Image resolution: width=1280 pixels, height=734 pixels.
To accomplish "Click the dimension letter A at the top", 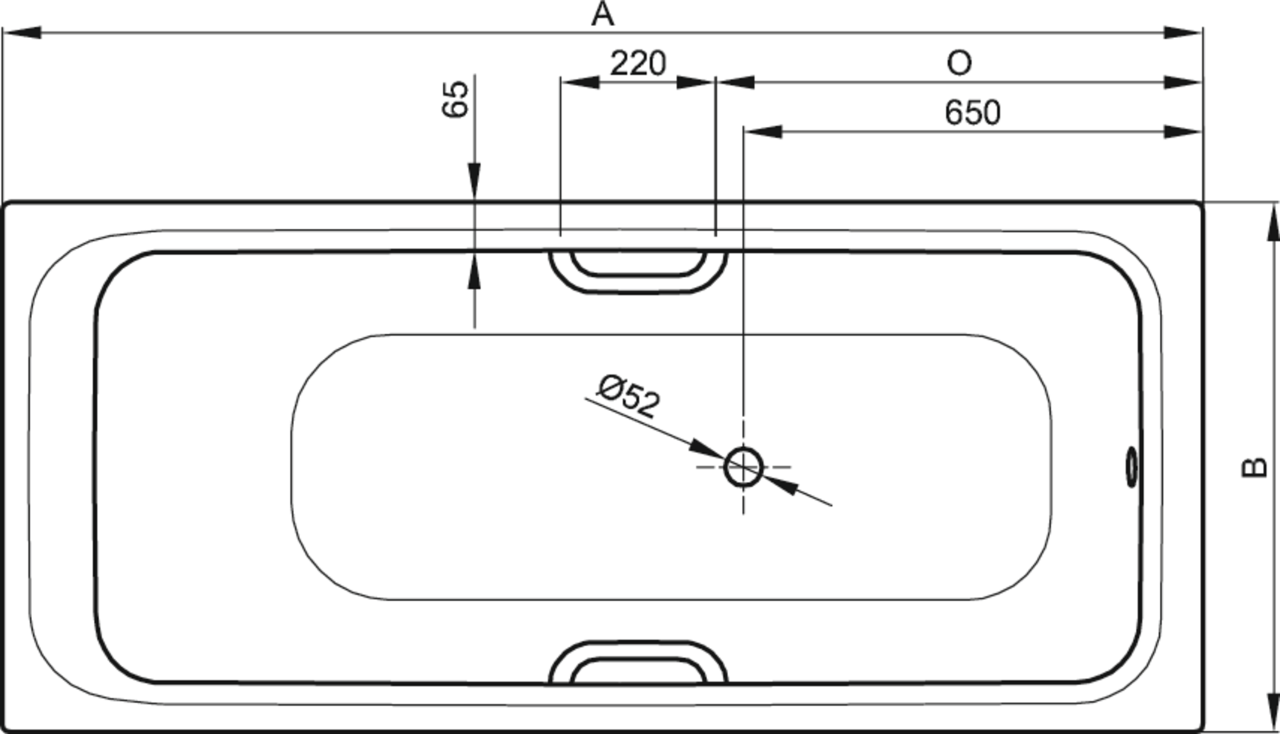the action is pyautogui.click(x=603, y=13).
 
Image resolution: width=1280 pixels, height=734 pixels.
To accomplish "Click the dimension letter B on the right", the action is pyautogui.click(x=1255, y=467).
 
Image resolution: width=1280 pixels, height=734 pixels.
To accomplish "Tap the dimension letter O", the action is pyautogui.click(x=959, y=63).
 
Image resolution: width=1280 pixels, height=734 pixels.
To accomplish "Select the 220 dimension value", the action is pyautogui.click(x=638, y=63).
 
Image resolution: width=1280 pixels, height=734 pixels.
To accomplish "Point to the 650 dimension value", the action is pyautogui.click(x=973, y=113).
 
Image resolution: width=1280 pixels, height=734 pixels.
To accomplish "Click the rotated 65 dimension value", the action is pyautogui.click(x=456, y=99).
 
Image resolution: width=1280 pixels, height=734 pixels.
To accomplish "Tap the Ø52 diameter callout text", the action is pyautogui.click(x=629, y=396).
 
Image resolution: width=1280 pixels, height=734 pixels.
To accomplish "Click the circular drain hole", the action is pyautogui.click(x=743, y=467).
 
